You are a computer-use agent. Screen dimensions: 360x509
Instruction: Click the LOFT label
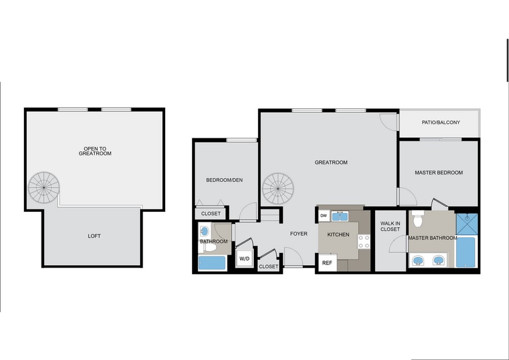pyautogui.click(x=94, y=236)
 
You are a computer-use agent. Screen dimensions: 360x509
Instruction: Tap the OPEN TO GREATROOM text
pyautogui.click(x=94, y=151)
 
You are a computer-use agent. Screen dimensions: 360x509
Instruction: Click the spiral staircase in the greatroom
pyautogui.click(x=280, y=189)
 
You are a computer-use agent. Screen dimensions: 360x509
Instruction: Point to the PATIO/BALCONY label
pyautogui.click(x=440, y=122)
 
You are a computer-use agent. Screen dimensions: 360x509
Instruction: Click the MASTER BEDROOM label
pyautogui.click(x=439, y=173)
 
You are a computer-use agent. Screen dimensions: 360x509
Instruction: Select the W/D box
pyautogui.click(x=244, y=259)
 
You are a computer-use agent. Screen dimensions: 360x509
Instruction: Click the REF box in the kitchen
pyautogui.click(x=327, y=263)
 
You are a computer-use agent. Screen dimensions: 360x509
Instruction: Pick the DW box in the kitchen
pyautogui.click(x=324, y=216)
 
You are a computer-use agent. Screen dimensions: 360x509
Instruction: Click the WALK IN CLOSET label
pyautogui.click(x=390, y=226)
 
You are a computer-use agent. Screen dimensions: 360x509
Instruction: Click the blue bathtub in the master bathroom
pyautogui.click(x=466, y=252)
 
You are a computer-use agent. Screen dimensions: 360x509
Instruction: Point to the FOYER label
pyautogui.click(x=299, y=233)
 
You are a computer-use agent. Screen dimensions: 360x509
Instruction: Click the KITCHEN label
pyautogui.click(x=338, y=234)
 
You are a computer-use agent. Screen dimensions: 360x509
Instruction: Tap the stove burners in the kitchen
pyautogui.click(x=364, y=241)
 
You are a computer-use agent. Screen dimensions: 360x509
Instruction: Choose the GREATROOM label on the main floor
pyautogui.click(x=331, y=162)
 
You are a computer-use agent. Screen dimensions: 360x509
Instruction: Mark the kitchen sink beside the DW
pyautogui.click(x=340, y=216)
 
